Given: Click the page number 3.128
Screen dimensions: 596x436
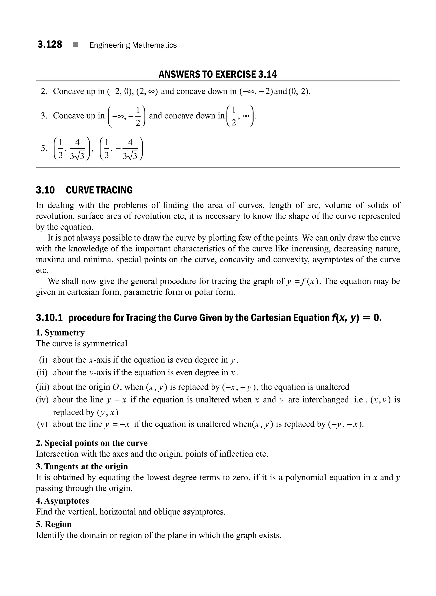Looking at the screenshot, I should pos(50,44).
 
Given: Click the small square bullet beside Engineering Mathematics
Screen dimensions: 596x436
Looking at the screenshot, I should pos(76,45).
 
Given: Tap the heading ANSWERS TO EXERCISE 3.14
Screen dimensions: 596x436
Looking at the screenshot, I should pos(218,75).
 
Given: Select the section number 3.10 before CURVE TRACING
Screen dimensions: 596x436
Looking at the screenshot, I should pos(45,190).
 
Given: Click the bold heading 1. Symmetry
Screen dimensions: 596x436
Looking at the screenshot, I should pos(60,333).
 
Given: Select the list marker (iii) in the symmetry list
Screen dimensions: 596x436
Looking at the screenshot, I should pos(43,387).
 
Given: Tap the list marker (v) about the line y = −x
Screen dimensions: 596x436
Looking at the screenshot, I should pos(43,424).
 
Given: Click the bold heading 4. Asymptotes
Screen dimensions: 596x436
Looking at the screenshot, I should pos(62,501).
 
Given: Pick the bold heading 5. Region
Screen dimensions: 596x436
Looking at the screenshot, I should pos(54,524).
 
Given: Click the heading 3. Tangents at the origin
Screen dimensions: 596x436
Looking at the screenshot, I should pos(82,466).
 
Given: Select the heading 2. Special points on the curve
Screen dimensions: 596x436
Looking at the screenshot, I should pos(92,443).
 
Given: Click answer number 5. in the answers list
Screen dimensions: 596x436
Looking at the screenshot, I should pos(44,148).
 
